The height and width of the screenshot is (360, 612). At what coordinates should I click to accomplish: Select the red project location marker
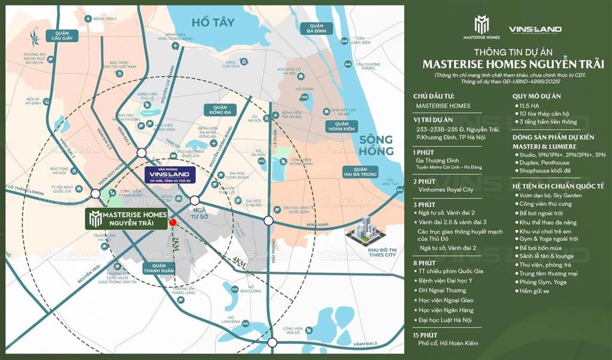tap(173, 222)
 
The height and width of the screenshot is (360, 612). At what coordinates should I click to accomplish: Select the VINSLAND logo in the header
tap(534, 29)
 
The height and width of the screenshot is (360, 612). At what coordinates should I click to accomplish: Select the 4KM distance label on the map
tap(240, 261)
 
